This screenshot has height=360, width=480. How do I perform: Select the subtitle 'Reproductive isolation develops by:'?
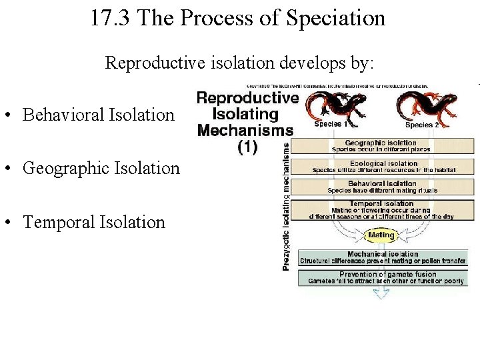[x=240, y=63]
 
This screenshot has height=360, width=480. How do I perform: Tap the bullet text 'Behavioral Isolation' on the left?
[x=98, y=115]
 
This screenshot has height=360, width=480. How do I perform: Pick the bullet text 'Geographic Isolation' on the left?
[x=101, y=168]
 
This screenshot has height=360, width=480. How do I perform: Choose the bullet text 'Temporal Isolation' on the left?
[x=94, y=222]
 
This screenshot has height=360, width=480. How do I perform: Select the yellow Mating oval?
[x=381, y=235]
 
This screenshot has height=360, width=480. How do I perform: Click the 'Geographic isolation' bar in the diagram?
[x=381, y=146]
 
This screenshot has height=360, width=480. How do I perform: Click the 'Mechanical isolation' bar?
[x=383, y=257]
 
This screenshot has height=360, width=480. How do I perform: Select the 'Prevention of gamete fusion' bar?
[x=385, y=278]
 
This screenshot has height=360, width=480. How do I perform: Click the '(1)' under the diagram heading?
[x=247, y=147]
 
